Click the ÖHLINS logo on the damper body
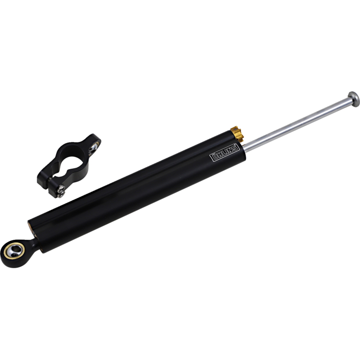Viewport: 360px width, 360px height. point(225,153)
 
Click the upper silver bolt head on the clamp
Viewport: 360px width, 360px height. point(61,189)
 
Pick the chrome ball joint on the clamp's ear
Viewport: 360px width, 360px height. point(94,147)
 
